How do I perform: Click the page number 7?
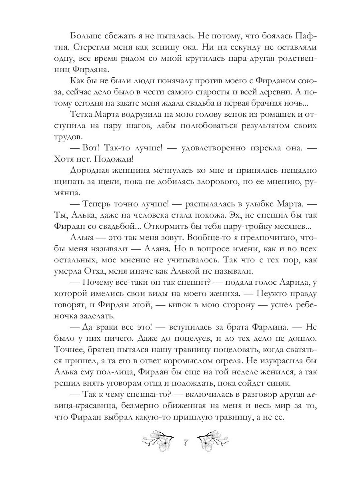[185, 443]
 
